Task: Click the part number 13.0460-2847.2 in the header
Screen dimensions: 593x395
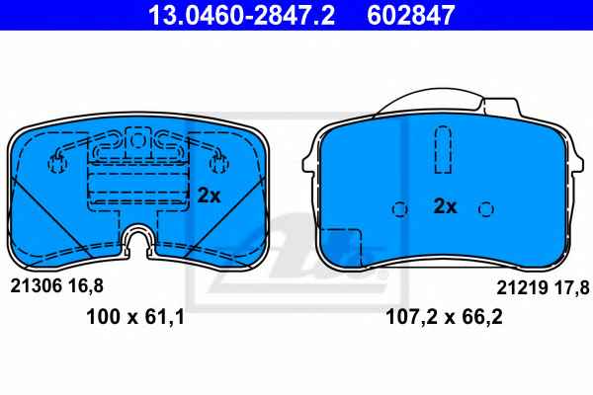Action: click(x=241, y=15)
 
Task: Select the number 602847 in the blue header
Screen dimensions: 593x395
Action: click(x=410, y=15)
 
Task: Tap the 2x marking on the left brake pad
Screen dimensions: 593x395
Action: click(x=209, y=196)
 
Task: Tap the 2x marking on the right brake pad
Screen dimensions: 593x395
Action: click(x=445, y=206)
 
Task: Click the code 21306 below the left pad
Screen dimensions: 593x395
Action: click(x=36, y=286)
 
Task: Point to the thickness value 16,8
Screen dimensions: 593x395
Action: click(x=85, y=286)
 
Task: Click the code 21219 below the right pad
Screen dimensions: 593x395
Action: click(x=522, y=287)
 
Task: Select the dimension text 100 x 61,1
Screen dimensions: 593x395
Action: click(x=135, y=316)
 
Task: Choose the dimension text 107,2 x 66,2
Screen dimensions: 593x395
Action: click(x=444, y=316)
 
